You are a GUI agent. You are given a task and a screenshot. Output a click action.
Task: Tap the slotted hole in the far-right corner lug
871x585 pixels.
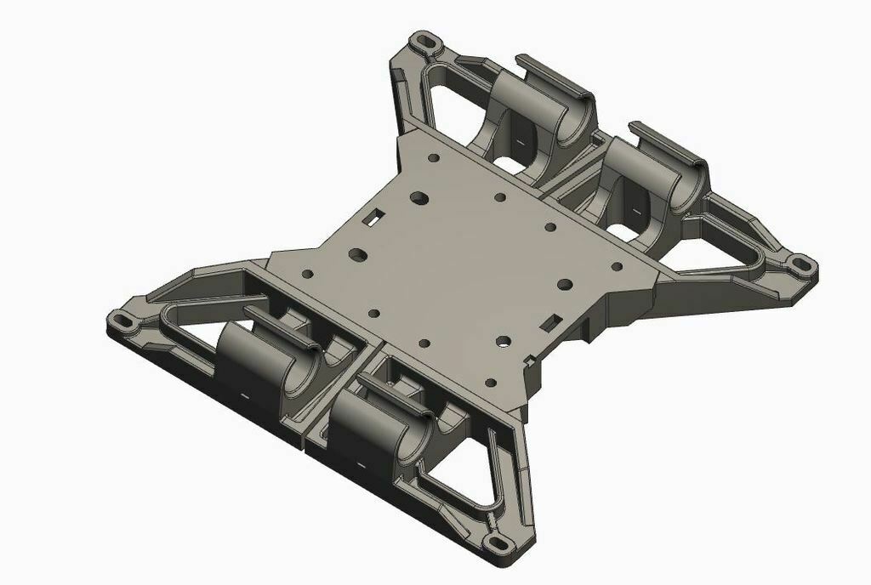pyautogui.click(x=799, y=264)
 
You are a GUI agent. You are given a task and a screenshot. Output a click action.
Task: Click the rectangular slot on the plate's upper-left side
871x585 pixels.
pyautogui.click(x=372, y=218)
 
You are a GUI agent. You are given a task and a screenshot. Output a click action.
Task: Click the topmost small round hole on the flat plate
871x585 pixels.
pyautogui.click(x=434, y=158)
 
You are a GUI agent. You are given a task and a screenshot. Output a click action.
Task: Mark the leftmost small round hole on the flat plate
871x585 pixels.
pyautogui.click(x=307, y=275)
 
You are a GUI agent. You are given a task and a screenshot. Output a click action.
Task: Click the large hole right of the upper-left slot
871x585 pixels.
pyautogui.click(x=418, y=196)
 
